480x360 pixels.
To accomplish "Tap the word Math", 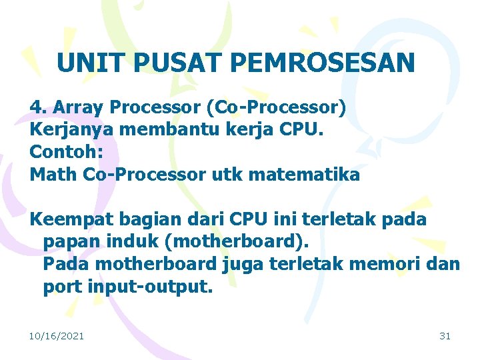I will point(54,175).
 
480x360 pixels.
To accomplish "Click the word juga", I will point(243,264).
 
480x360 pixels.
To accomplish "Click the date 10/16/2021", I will point(57,336).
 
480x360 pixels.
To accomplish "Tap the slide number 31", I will point(445,336).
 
